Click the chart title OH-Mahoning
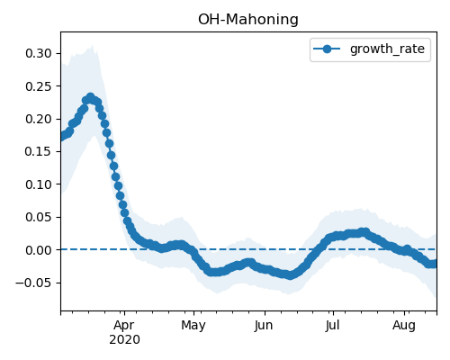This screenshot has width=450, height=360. pos(248,20)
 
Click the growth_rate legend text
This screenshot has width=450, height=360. pos(387,49)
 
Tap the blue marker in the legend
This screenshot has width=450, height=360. pos(327,49)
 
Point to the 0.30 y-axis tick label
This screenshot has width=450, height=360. pos(39,53)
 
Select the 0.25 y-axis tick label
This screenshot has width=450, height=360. pos(39,86)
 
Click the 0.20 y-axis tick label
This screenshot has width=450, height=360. pos(39,119)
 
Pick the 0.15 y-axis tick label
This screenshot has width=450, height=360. pos(39,151)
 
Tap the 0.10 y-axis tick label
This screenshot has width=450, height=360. pos(39,184)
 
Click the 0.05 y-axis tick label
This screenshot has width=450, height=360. pos(39,217)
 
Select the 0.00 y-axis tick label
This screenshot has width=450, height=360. pos(39,250)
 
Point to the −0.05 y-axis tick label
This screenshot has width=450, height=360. pos(34,283)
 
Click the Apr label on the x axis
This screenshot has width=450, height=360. pos(124,326)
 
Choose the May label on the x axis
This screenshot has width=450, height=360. pos(193,326)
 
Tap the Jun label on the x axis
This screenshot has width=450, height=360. pos(264,326)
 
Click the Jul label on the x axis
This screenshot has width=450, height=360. pos(333,326)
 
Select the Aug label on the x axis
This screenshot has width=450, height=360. pos(404,326)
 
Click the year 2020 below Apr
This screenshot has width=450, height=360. pos(124,340)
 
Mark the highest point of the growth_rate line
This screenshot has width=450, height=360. pos(90,97)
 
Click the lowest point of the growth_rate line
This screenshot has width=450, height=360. pos(290,275)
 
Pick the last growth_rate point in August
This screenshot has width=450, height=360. pos(435,264)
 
